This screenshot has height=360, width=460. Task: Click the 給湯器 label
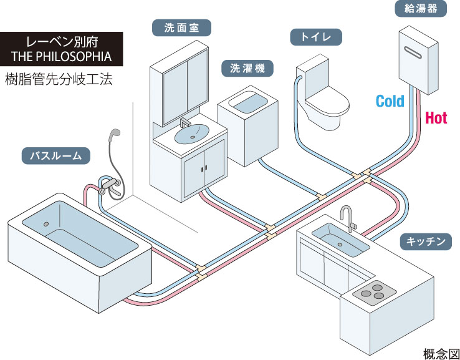pos(418,9)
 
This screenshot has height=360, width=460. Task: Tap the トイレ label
pos(315,37)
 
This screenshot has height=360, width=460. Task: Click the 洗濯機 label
pos(247,69)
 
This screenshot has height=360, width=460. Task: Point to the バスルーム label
pos(55,155)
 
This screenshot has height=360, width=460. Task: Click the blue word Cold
pos(390,100)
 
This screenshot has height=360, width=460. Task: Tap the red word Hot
pos(436,117)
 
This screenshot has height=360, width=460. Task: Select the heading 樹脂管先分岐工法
pos(59,80)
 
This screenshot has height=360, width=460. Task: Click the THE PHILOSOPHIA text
pos(61,57)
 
